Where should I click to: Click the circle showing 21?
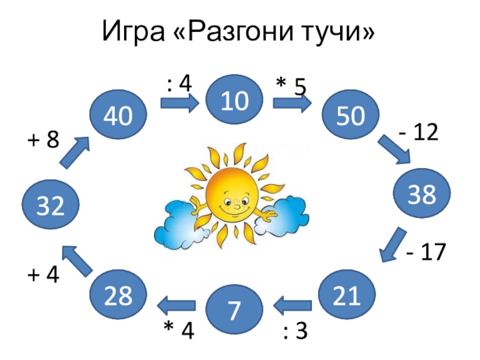point(348,295)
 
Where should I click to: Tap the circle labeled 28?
point(118,295)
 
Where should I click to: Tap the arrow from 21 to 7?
point(292,307)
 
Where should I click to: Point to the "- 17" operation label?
point(425,253)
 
